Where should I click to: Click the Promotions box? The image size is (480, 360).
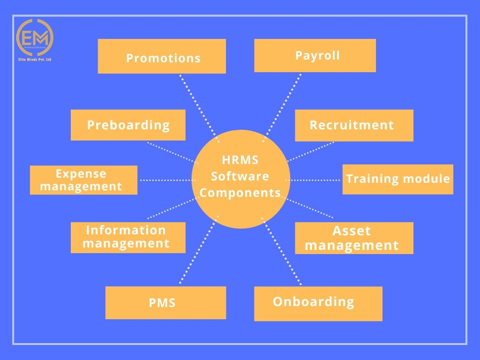162,56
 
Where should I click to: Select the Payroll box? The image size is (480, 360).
315,55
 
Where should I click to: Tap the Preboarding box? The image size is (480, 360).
128,125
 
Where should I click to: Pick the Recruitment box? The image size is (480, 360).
354,125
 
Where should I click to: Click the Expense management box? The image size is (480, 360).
83,180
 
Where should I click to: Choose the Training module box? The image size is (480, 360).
397,179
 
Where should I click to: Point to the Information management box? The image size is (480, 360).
128,237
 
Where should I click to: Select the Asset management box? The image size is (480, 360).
354,238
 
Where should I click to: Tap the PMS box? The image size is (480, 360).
165,303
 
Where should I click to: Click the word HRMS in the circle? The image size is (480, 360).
240,160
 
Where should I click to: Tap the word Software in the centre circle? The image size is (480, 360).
240,176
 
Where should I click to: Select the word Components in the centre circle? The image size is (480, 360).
240,193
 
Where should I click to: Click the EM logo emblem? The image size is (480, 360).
35,37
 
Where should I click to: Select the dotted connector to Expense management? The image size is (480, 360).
166,180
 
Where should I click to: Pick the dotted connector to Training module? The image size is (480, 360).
313,180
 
